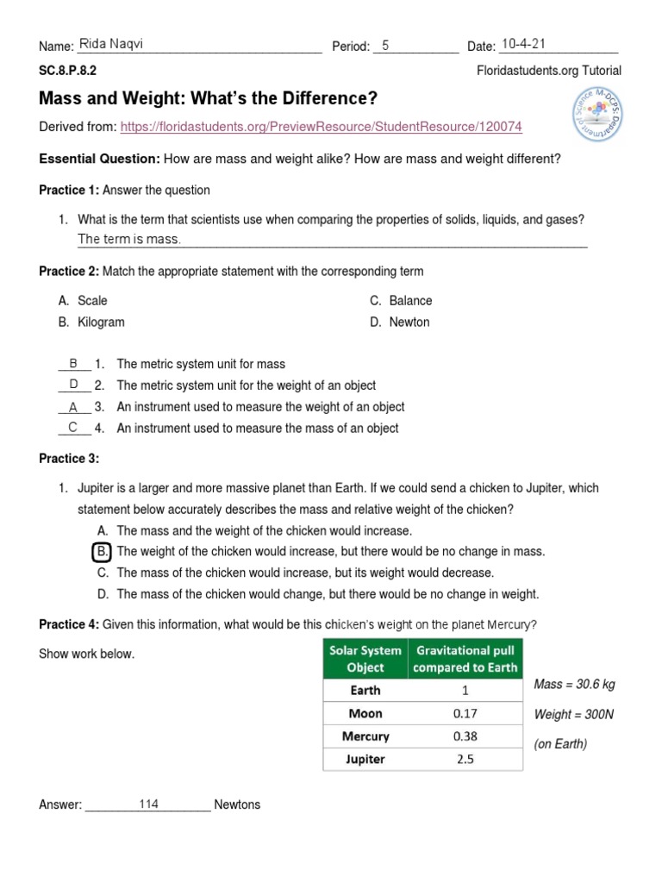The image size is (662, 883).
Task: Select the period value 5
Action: tap(386, 46)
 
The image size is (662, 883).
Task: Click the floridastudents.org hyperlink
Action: tap(321, 127)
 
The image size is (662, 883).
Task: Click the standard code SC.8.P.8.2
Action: tap(68, 71)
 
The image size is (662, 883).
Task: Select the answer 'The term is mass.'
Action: tap(129, 239)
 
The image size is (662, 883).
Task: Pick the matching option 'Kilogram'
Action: tap(101, 322)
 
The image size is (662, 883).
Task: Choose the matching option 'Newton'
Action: tap(409, 322)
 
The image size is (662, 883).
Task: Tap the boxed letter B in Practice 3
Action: tap(102, 551)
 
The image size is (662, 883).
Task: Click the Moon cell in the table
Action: tap(365, 713)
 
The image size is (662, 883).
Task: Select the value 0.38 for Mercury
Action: tap(465, 736)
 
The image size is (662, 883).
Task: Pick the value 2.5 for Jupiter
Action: tap(465, 760)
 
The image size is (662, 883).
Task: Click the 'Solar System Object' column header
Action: tap(365, 658)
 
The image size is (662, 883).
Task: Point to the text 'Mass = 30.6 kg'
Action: tap(575, 685)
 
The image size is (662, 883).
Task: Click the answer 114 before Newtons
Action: tap(148, 804)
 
